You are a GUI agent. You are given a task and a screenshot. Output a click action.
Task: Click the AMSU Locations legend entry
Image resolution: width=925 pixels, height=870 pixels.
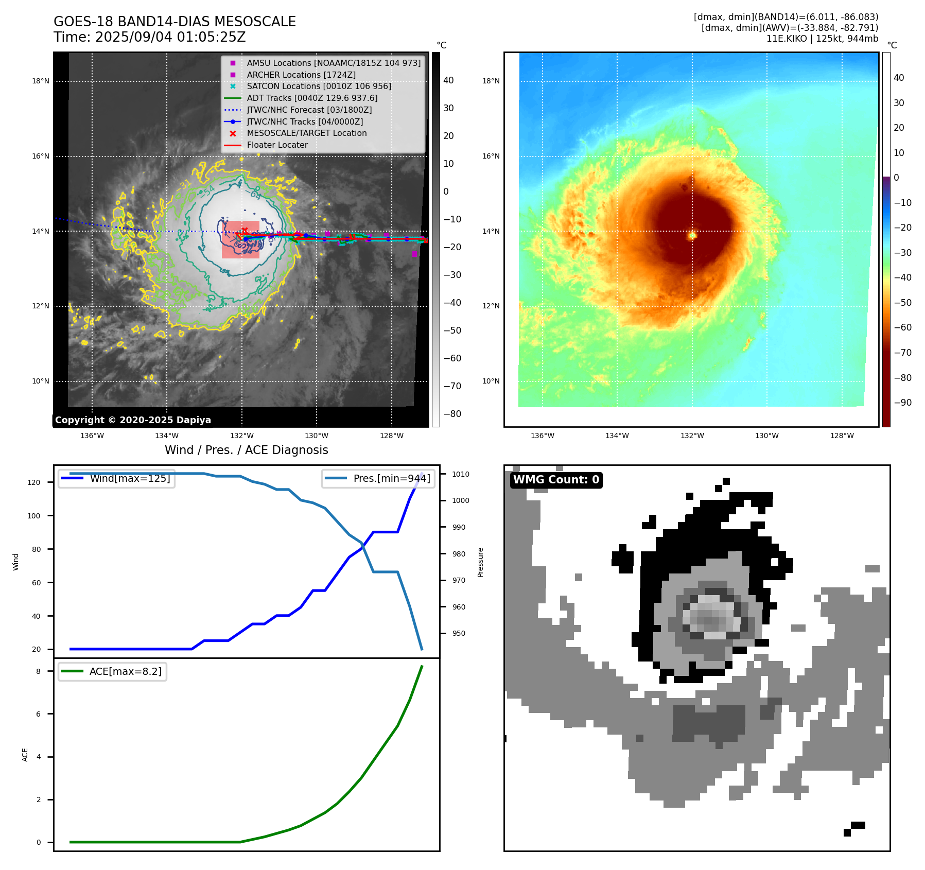click(333, 63)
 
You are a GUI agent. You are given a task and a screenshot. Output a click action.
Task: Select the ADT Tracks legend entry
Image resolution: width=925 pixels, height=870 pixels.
click(312, 98)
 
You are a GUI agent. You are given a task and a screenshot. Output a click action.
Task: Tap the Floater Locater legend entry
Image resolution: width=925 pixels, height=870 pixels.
click(277, 145)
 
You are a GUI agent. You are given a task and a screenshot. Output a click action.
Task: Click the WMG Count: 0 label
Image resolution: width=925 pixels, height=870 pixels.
click(556, 480)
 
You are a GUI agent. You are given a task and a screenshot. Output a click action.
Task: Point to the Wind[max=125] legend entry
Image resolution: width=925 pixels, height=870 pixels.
click(130, 478)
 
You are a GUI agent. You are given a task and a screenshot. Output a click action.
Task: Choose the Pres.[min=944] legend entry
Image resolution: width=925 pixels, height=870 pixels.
click(391, 478)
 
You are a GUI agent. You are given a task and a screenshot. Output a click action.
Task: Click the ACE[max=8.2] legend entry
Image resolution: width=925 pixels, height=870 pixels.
click(125, 671)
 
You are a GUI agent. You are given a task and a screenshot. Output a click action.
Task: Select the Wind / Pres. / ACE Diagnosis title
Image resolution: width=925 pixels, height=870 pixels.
click(246, 450)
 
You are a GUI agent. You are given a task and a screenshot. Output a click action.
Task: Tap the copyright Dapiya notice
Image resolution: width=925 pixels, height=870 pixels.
click(133, 420)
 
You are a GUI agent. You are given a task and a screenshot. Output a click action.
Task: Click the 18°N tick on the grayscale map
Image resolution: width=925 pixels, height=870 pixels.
click(41, 81)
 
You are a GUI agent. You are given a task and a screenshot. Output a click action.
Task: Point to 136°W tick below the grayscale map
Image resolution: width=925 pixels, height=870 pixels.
click(92, 436)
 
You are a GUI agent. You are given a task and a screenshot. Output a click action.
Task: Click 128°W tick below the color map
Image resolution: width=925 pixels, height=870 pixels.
click(842, 436)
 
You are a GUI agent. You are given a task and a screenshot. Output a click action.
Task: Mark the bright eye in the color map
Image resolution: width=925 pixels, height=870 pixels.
click(692, 235)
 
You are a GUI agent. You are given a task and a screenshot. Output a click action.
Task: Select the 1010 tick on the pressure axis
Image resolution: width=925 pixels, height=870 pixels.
click(461, 474)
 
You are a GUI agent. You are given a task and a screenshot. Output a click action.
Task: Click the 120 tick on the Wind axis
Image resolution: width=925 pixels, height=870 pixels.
click(34, 482)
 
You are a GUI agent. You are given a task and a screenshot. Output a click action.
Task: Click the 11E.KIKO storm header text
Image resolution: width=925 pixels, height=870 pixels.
click(822, 39)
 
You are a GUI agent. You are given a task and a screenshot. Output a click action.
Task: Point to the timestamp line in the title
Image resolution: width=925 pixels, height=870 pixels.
click(149, 38)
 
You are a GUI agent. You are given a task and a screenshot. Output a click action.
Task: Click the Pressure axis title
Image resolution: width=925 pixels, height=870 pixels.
click(480, 562)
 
